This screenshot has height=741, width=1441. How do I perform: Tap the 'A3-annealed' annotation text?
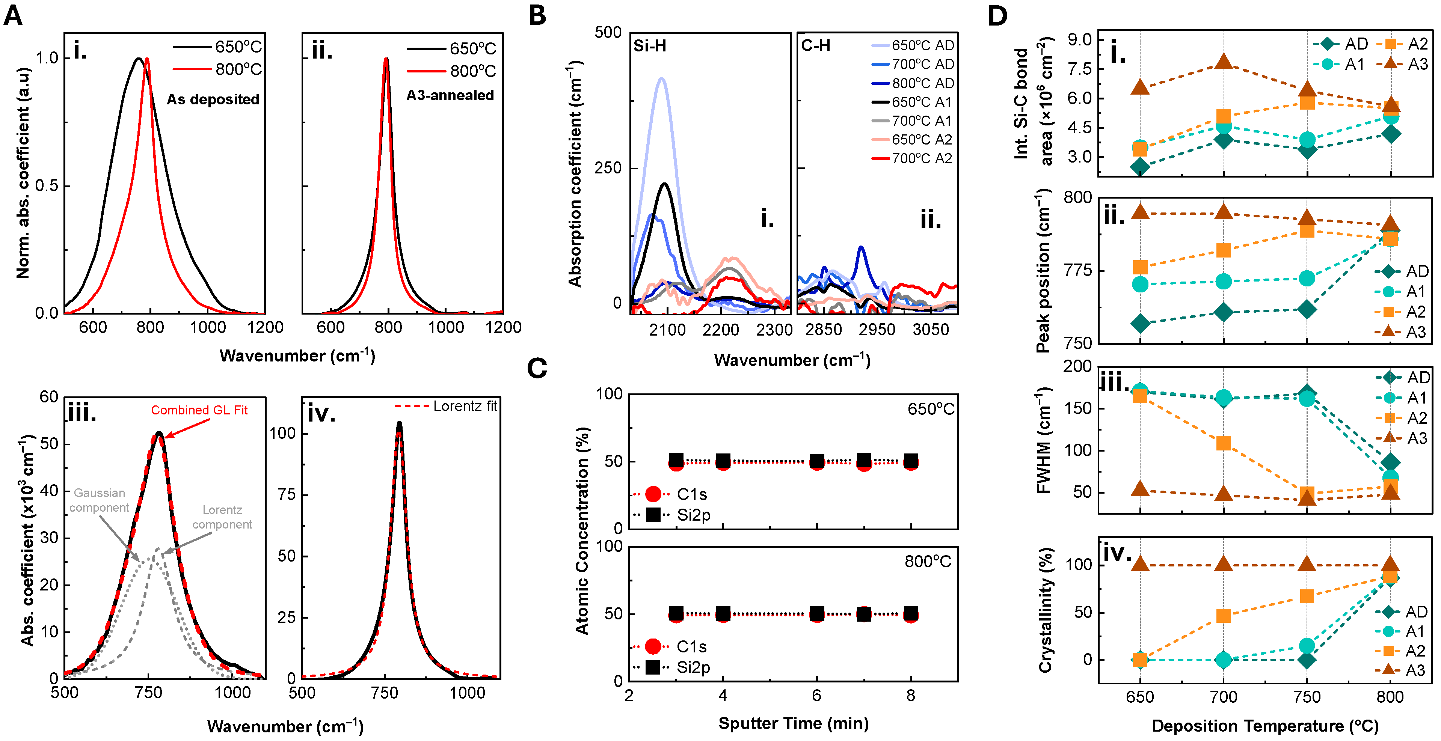(450, 96)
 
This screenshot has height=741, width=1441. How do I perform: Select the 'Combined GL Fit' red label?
(199, 410)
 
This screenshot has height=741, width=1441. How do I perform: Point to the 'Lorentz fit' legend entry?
(464, 406)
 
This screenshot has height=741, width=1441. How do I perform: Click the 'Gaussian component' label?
(99, 500)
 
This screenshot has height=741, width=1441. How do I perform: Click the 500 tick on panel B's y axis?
(608, 32)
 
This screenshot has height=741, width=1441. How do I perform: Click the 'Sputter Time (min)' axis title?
(793, 723)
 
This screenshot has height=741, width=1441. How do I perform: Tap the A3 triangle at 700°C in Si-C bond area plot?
(1224, 62)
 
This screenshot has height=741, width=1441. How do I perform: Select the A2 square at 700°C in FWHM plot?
(1224, 443)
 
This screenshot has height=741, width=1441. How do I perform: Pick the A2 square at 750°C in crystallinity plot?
(1307, 596)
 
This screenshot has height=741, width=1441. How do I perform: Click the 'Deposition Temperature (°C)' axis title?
(1265, 726)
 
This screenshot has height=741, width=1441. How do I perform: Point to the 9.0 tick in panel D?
(1079, 40)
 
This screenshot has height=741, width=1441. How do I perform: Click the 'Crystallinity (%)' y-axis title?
(1046, 610)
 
